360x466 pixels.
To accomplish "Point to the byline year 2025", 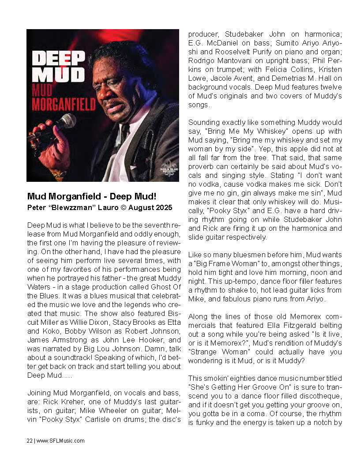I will pos(163,207).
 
